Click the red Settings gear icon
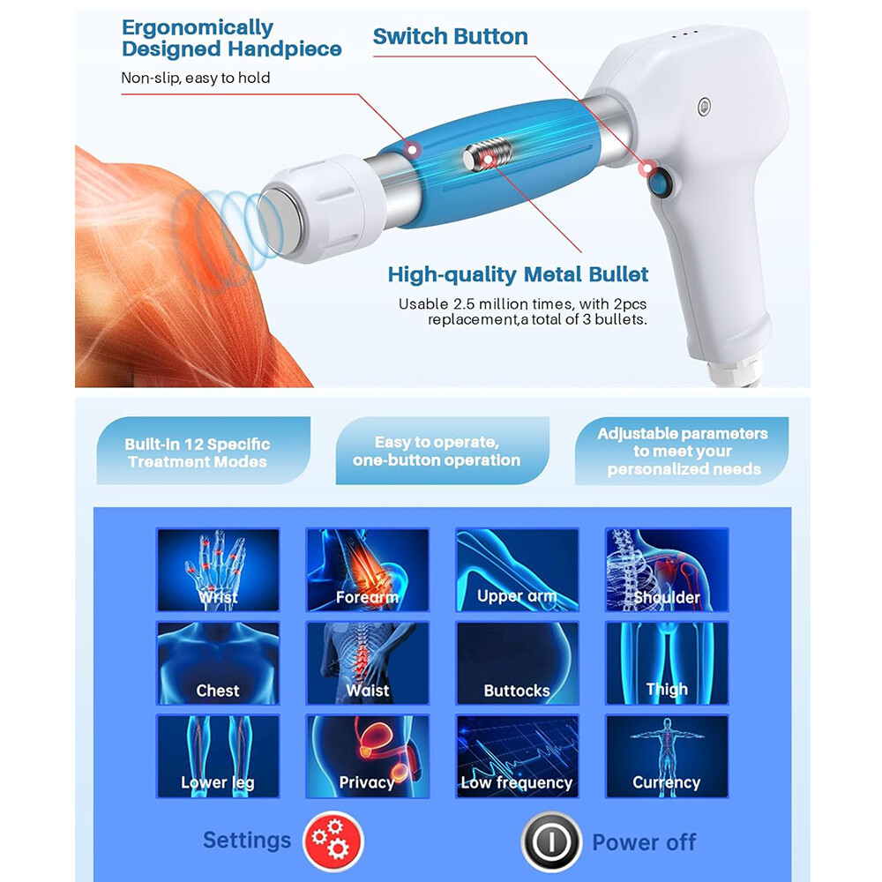pyautogui.click(x=333, y=841)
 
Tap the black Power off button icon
pyautogui.click(x=550, y=841)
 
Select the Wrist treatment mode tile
pyautogui.click(x=218, y=570)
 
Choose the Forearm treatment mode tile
pyautogui.click(x=367, y=570)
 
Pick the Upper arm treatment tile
pyautogui.click(x=517, y=570)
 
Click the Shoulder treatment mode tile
pyautogui.click(x=667, y=570)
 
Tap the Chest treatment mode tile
pyautogui.click(x=218, y=663)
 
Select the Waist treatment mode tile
pyautogui.click(x=367, y=663)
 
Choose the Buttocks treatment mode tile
pyautogui.click(x=517, y=663)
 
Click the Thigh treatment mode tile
pyautogui.click(x=667, y=663)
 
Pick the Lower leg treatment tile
pyautogui.click(x=218, y=756)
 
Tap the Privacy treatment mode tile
pyautogui.click(x=367, y=756)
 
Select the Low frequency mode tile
pyautogui.click(x=517, y=756)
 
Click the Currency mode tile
pyautogui.click(x=667, y=756)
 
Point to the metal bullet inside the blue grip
pyautogui.click(x=482, y=160)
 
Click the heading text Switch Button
pyautogui.click(x=450, y=37)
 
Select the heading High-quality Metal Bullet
pyautogui.click(x=518, y=274)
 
